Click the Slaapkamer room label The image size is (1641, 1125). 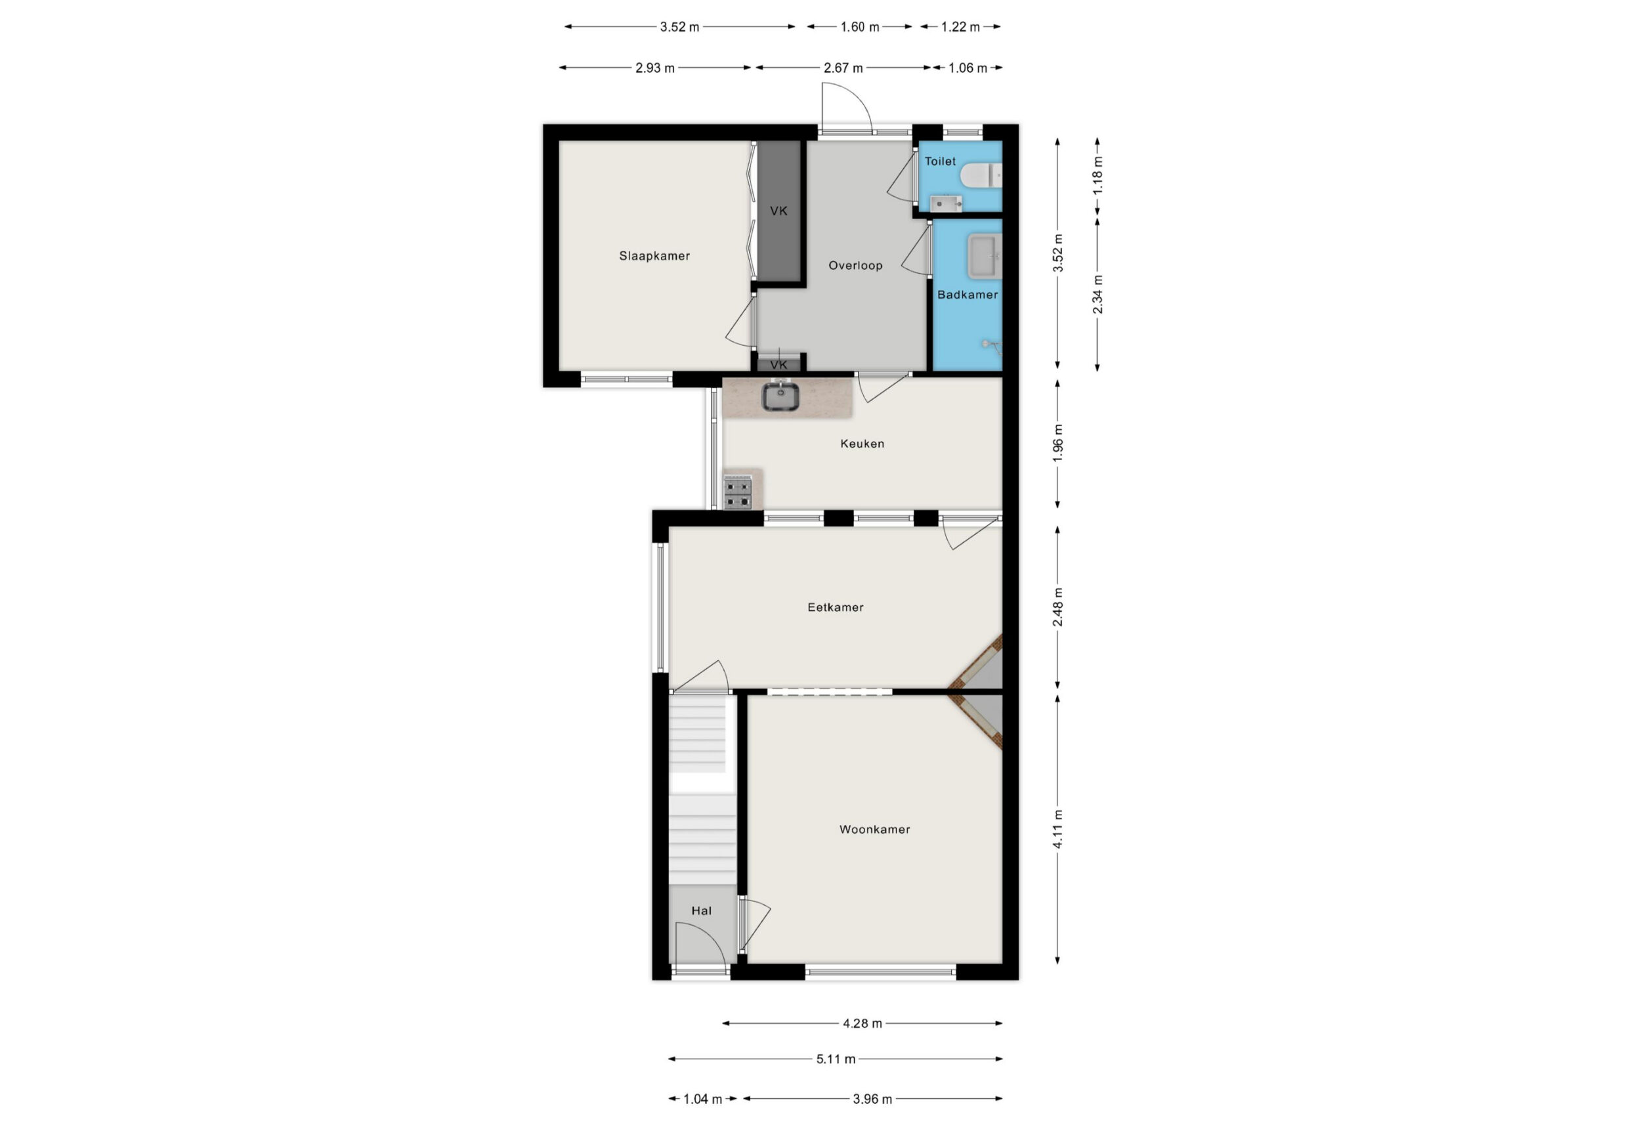pyautogui.click(x=654, y=255)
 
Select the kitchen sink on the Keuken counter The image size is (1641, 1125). pyautogui.click(x=780, y=396)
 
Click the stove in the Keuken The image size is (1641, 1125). pyautogui.click(x=738, y=492)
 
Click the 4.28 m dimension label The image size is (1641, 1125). pyautogui.click(x=862, y=1023)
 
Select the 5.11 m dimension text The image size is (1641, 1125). pyautogui.click(x=836, y=1059)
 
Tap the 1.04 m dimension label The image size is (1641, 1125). pyautogui.click(x=702, y=1099)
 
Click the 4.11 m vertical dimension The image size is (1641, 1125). pyautogui.click(x=1057, y=829)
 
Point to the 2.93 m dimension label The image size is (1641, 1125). pyautogui.click(x=654, y=68)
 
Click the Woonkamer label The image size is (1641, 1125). pyautogui.click(x=874, y=829)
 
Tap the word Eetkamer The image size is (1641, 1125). pyautogui.click(x=836, y=606)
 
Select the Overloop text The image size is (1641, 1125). pyautogui.click(x=855, y=266)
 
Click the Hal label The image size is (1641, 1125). pyautogui.click(x=701, y=910)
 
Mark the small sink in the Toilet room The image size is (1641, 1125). pyautogui.click(x=946, y=204)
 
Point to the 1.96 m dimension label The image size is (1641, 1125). pyautogui.click(x=1057, y=444)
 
